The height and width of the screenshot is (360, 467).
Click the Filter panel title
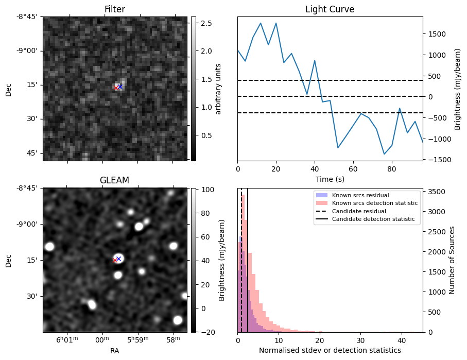coord(114,9)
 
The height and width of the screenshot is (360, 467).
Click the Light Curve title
coord(330,9)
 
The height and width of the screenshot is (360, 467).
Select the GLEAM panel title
coord(114,180)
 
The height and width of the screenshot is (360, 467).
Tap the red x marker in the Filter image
coord(116,88)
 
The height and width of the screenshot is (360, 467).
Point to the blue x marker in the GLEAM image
coord(118,259)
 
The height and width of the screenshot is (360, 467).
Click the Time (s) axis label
coord(330,179)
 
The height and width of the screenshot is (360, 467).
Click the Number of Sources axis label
coord(452,260)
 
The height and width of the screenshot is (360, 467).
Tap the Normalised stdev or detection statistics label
coord(330,350)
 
